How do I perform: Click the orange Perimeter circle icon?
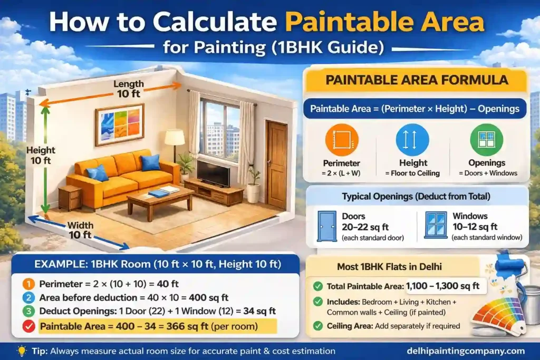pyautogui.click(x=342, y=139)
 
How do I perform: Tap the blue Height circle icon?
pyautogui.click(x=412, y=139)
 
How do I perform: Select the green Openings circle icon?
pyautogui.click(x=486, y=139)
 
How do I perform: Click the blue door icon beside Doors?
pyautogui.click(x=326, y=226)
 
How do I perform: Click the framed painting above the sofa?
pyautogui.click(x=119, y=124)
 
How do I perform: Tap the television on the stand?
pyautogui.click(x=213, y=173)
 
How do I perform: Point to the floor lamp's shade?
pyautogui.click(x=175, y=138)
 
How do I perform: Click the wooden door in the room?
pyautogui.click(x=276, y=163)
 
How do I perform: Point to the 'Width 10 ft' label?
pyautogui.click(x=80, y=230)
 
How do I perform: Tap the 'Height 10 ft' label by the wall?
pyautogui.click(x=41, y=155)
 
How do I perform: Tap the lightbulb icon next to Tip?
pyautogui.click(x=22, y=351)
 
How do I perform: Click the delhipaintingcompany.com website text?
pyautogui.click(x=466, y=351)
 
